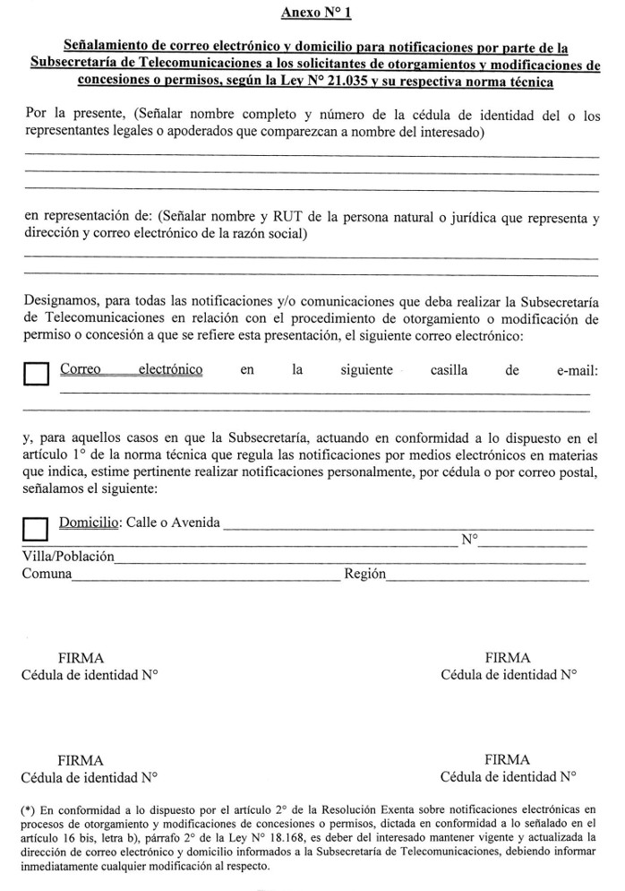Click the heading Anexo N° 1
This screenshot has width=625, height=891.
[310, 12]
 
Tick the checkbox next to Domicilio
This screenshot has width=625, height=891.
[35, 528]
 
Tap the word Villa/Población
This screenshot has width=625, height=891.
[68, 557]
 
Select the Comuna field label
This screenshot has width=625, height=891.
[47, 574]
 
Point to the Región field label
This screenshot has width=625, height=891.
[364, 574]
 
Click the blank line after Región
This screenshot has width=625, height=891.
[488, 579]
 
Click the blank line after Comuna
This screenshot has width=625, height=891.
[206, 579]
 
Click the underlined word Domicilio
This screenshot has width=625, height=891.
[90, 522]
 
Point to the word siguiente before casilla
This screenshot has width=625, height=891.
[366, 369]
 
